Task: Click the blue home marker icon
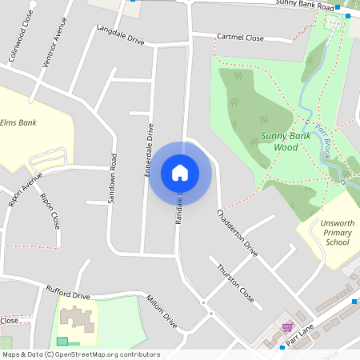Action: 180,172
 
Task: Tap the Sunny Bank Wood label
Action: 286,142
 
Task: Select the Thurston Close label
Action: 236,281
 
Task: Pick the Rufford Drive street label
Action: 68,294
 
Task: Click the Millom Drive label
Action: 161,311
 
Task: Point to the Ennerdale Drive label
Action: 149,150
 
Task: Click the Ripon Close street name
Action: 50,210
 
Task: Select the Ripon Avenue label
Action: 25,193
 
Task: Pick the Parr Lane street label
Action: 308,329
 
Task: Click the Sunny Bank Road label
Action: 304,5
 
